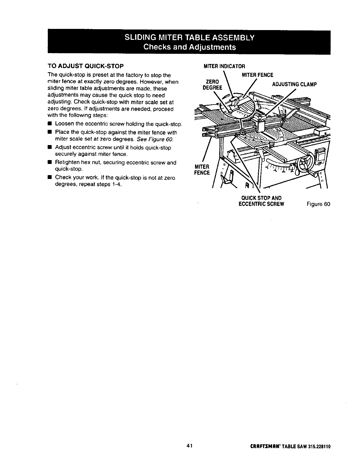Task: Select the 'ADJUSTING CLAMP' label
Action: pyautogui.click(x=294, y=84)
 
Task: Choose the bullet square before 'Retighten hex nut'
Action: pyautogui.click(x=50, y=162)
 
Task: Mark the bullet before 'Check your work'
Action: pyautogui.click(x=50, y=177)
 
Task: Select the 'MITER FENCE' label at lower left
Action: pyautogui.click(x=202, y=169)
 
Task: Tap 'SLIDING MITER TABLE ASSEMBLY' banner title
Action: pyautogui.click(x=189, y=38)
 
